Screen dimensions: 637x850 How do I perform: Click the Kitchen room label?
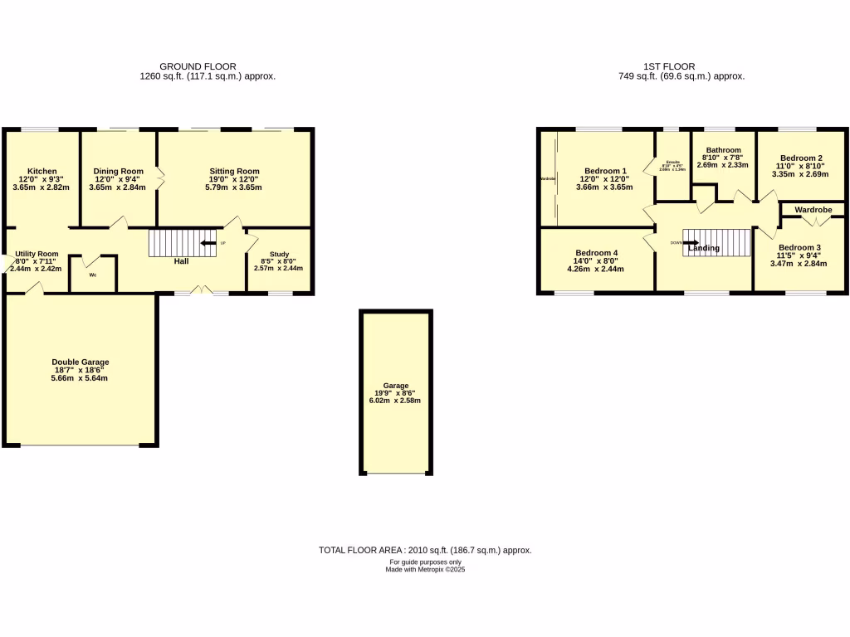(x=42, y=172)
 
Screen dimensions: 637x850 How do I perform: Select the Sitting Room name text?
(x=234, y=172)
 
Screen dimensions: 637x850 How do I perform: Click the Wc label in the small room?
(x=92, y=275)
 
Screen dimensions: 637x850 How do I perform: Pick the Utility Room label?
(x=37, y=254)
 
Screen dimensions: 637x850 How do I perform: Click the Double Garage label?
(x=80, y=362)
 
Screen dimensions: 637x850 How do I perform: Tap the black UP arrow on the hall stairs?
(x=208, y=243)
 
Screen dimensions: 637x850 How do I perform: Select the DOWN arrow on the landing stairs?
(x=691, y=244)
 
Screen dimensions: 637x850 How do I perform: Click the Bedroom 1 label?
(x=605, y=172)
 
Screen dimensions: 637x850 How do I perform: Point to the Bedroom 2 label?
(x=801, y=158)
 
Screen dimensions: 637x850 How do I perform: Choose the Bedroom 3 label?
(x=799, y=248)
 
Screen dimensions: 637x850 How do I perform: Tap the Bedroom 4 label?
(x=595, y=253)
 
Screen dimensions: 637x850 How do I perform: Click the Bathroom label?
(x=722, y=150)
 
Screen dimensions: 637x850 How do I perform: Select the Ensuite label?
(x=672, y=161)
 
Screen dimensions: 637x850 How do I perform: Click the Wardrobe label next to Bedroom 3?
(x=813, y=211)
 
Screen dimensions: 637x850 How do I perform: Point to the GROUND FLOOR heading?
(x=198, y=66)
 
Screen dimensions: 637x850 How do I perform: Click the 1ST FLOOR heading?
(x=669, y=66)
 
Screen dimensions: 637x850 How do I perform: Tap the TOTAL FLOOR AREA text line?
(x=425, y=550)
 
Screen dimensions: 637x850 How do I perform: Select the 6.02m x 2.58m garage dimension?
(x=395, y=401)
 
